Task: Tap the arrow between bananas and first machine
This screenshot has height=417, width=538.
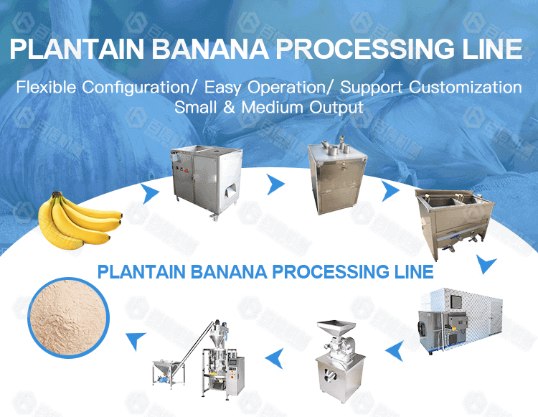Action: pyautogui.click(x=150, y=193)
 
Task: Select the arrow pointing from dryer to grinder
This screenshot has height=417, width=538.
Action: pyautogui.click(x=392, y=350)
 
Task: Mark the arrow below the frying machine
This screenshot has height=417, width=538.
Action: pyautogui.click(x=487, y=266)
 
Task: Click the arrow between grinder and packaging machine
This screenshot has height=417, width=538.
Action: pyautogui.click(x=273, y=352)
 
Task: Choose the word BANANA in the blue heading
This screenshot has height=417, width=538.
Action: pyautogui.click(x=228, y=272)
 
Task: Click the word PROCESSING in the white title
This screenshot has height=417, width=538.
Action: pyautogui.click(x=358, y=50)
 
